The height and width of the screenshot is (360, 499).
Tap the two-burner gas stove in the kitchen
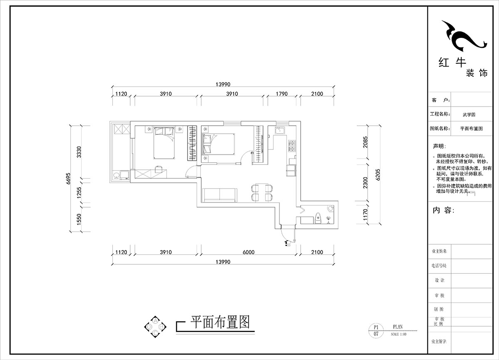[x=292, y=145]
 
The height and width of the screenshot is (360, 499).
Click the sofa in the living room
[x=220, y=194]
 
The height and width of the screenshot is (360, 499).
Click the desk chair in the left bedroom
[x=158, y=169]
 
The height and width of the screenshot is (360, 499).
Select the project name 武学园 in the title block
[x=468, y=114]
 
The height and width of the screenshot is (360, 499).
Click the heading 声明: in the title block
[x=441, y=146]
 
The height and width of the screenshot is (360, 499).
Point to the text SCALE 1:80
[x=398, y=334]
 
